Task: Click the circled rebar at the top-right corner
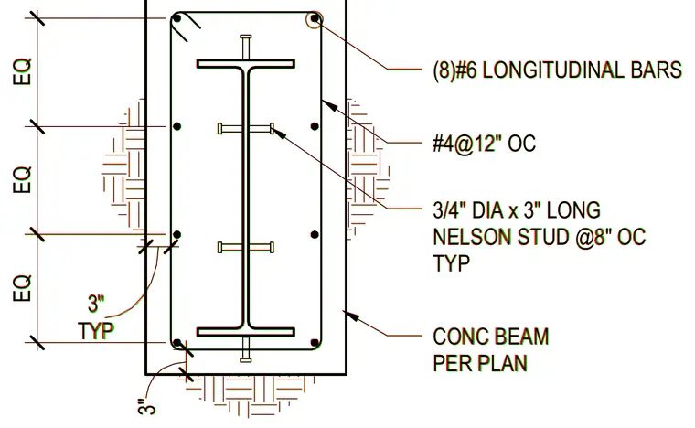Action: point(315,19)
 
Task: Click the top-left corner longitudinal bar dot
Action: point(176,18)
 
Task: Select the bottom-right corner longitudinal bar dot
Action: point(315,343)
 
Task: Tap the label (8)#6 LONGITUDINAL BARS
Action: point(557,70)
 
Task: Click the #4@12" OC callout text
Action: point(484,143)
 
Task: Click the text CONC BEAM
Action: point(491,337)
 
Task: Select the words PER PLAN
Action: point(480,363)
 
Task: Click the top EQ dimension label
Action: point(23,71)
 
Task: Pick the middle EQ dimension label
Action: point(23,179)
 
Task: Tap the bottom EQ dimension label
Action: point(23,288)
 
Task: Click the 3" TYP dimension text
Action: point(96,317)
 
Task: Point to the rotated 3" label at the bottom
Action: point(146,407)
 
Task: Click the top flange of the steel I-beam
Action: point(246,64)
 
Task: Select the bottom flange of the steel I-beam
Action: point(246,332)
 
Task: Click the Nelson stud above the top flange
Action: point(246,47)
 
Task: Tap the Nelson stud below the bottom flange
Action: point(246,349)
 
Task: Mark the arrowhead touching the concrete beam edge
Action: point(351,316)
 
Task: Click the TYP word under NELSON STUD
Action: point(451,263)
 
